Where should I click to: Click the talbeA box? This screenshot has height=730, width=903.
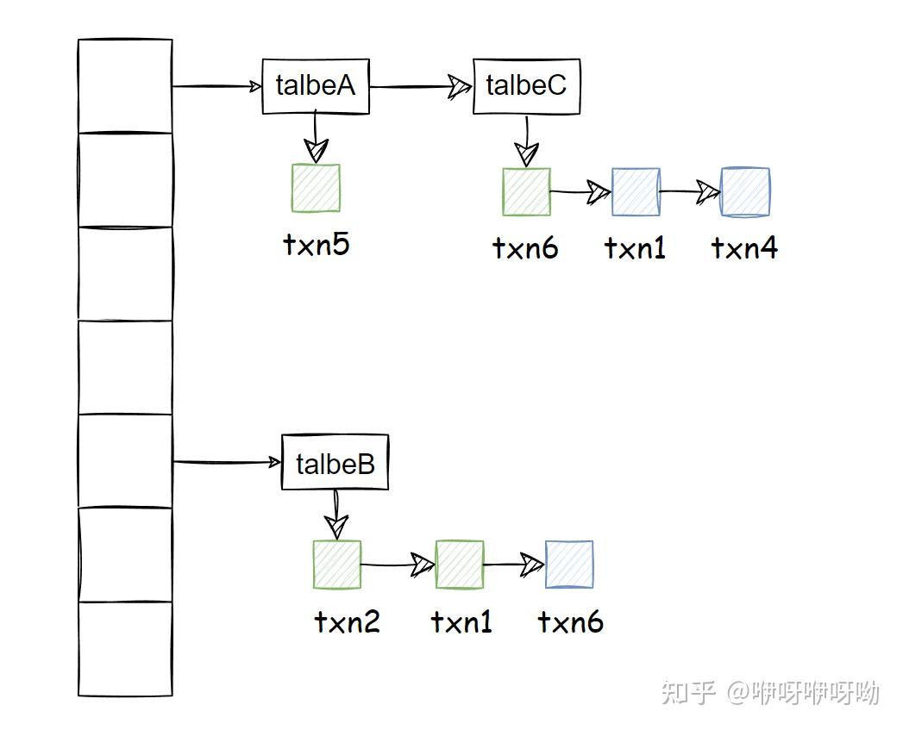pos(316,86)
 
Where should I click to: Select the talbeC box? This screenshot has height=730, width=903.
pos(526,86)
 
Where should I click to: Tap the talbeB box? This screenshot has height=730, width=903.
pos(335,465)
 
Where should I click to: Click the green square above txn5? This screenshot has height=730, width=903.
pos(316,188)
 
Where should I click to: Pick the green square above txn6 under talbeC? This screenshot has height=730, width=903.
pos(526,191)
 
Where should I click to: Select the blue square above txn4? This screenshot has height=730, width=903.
pos(745,191)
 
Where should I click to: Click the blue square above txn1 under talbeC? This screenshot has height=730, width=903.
pos(636,191)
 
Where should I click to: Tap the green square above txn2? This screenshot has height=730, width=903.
pos(336,565)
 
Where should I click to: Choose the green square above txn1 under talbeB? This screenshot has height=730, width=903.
pos(460,565)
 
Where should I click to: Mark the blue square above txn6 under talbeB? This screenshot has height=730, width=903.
pos(569,565)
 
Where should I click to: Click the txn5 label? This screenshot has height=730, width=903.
pos(316,245)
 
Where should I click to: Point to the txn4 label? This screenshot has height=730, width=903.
pos(744,248)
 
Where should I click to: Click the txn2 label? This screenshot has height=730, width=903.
pos(347,621)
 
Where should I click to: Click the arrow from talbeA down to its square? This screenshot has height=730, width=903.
pos(316,138)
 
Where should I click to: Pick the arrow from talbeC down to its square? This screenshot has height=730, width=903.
pos(526,140)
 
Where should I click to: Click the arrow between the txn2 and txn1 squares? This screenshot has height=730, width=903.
pos(398,565)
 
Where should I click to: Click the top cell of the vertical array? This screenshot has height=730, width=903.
pos(125,86)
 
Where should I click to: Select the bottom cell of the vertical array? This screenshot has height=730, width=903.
pos(125,648)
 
